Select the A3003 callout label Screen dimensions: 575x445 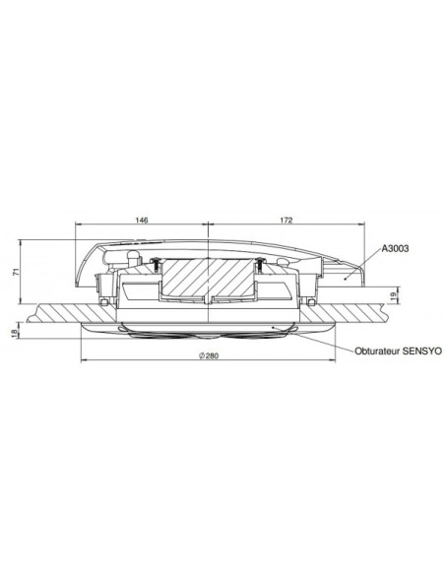[397, 251]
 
